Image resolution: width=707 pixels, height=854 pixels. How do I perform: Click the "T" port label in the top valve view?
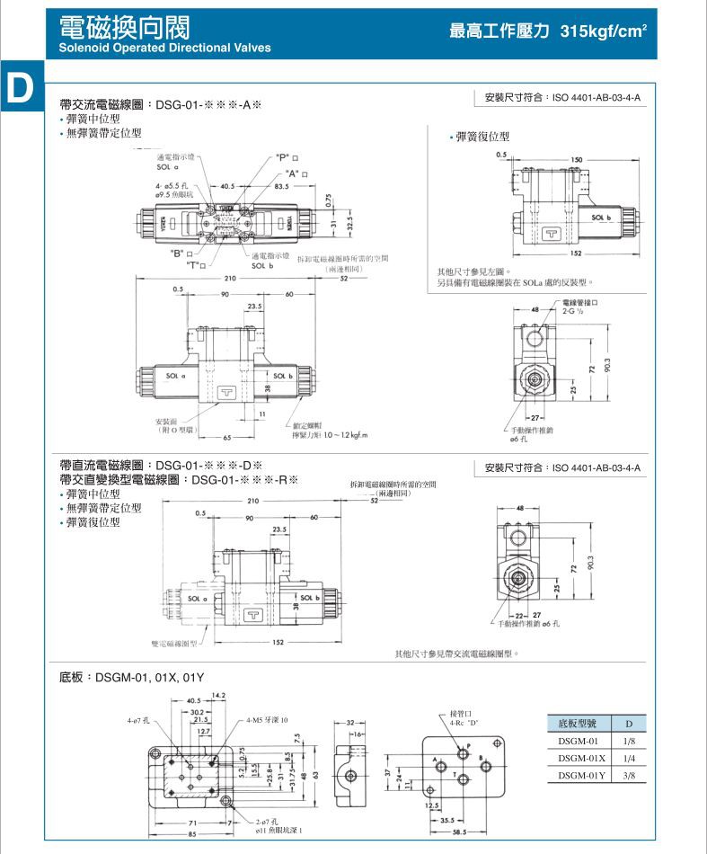pyautogui.click(x=195, y=264)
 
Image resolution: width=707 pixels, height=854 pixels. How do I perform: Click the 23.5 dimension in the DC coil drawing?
pyautogui.click(x=278, y=529)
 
